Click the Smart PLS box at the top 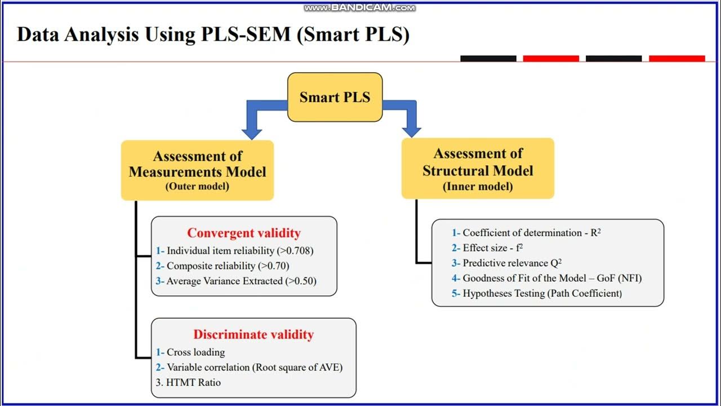pos(335,97)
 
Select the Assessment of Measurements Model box pos(197,170)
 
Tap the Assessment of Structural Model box pos(478,169)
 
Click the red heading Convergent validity pos(244,233)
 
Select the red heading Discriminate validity pos(253,334)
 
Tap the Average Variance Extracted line pos(241,281)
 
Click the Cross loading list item pos(195,352)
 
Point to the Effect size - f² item pos(493,248)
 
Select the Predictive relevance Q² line pos(512,263)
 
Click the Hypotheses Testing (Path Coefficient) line pos(542,294)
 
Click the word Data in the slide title pos(38,34)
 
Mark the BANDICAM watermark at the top pos(360,8)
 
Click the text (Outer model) pos(197,186)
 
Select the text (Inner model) pos(478,187)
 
